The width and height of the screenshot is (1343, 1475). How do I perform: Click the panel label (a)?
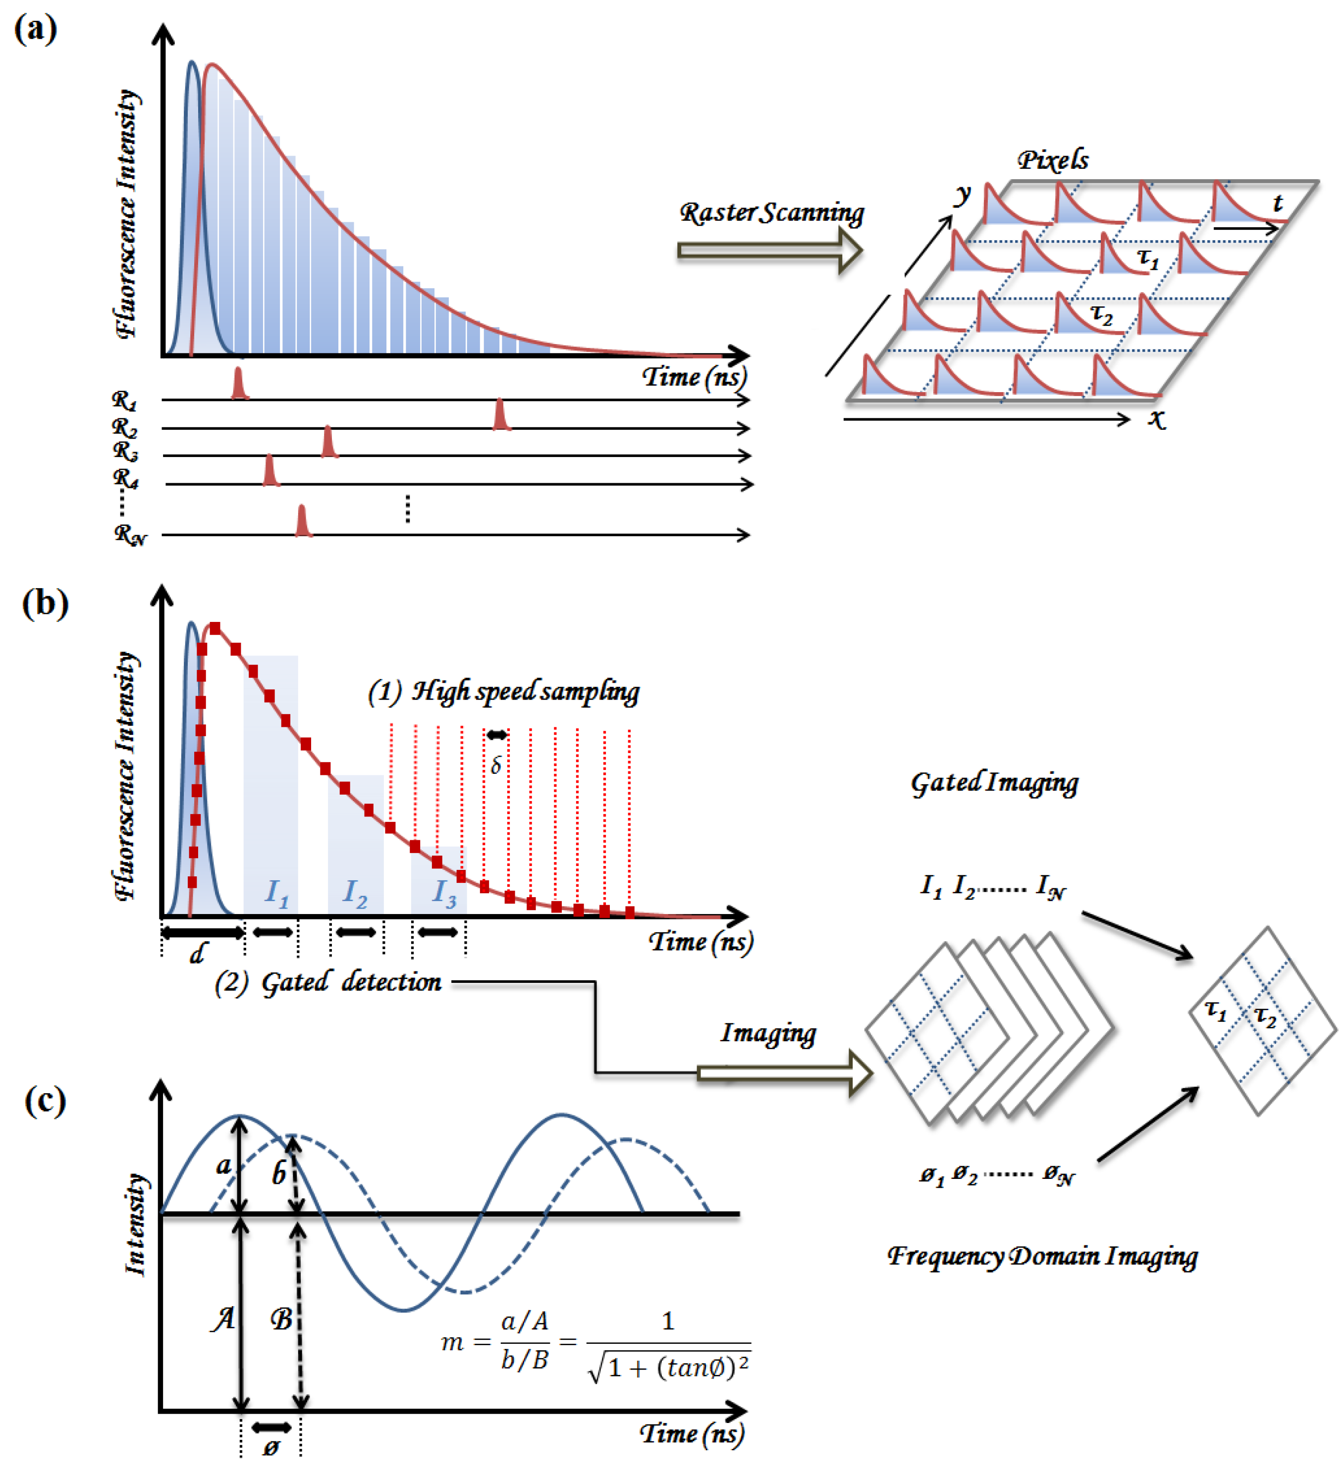35,29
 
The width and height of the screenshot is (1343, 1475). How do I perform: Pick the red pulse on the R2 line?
501,415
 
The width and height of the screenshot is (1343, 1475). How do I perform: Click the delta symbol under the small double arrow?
496,765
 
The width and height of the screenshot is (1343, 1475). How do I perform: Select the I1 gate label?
276,892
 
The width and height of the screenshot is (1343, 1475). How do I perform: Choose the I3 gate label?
443,892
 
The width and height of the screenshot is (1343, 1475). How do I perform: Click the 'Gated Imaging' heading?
994,783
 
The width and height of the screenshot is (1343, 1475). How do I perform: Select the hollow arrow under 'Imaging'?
784,1073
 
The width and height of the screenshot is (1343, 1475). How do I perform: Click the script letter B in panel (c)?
282,1319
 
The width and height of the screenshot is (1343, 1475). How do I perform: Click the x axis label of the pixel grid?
1156,419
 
